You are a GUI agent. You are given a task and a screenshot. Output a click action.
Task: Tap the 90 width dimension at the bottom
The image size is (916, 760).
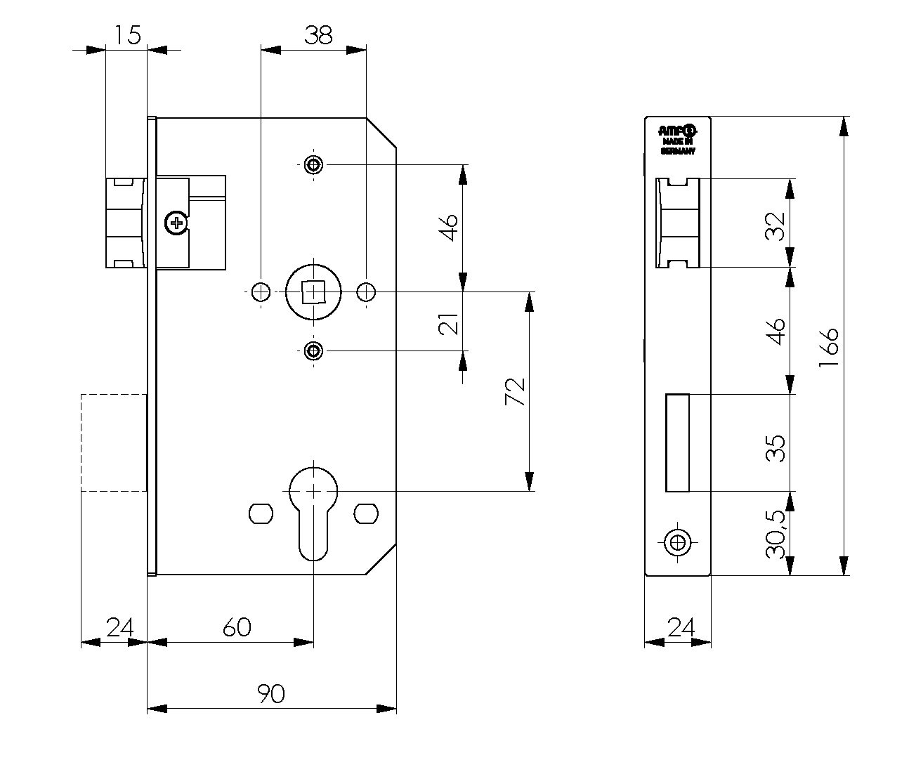(x=271, y=694)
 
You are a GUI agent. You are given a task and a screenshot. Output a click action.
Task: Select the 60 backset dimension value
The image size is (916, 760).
(x=237, y=627)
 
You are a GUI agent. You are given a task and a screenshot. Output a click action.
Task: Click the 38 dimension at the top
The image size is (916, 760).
(x=318, y=35)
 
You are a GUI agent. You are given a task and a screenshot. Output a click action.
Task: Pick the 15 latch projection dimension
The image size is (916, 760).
(x=128, y=35)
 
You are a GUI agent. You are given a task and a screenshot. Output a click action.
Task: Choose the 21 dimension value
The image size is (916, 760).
(x=450, y=325)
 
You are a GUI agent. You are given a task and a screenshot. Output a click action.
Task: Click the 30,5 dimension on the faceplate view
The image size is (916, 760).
(x=776, y=534)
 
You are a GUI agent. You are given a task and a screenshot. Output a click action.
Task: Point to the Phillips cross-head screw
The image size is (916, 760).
(x=174, y=224)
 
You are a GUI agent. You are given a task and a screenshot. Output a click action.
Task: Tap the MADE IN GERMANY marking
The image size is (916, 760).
(x=678, y=145)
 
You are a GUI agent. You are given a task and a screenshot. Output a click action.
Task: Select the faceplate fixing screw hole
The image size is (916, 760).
(x=677, y=542)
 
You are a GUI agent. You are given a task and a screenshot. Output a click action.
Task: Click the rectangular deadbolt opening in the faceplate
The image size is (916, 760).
(x=677, y=443)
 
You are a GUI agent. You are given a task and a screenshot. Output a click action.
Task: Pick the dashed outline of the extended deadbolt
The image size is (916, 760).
(x=113, y=443)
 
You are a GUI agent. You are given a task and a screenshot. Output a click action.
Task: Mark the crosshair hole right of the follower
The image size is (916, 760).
(x=366, y=291)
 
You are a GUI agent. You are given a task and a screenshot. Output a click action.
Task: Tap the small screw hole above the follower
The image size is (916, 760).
(x=313, y=166)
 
